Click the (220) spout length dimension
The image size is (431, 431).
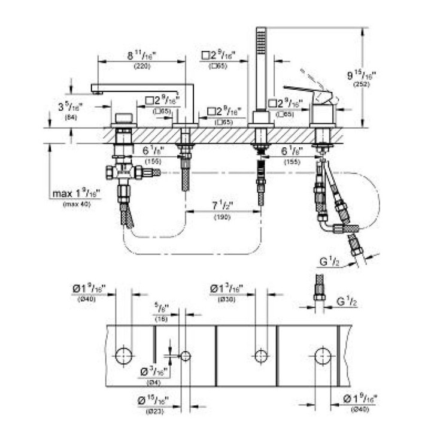(x=142, y=66)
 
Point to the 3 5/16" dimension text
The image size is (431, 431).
(x=69, y=108)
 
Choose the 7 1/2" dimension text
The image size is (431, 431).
(x=223, y=206)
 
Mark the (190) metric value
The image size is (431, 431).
(x=223, y=217)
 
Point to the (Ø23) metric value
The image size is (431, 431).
(x=152, y=411)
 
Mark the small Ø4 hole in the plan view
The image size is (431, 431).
(x=186, y=356)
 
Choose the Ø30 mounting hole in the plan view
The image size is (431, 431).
(x=261, y=356)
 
